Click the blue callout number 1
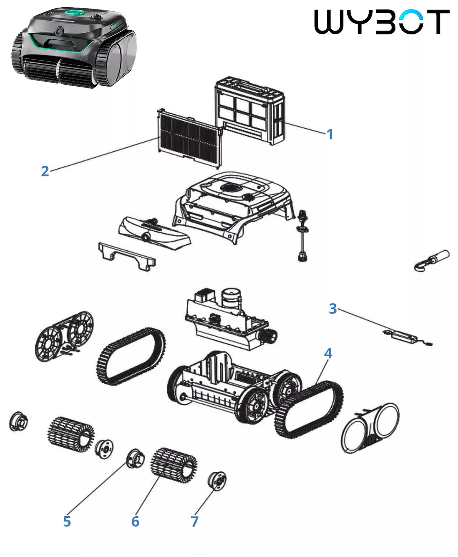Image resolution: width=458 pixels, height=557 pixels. click(330, 134)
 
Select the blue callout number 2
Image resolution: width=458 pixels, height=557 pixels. click(45, 171)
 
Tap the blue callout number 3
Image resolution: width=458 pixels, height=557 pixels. click(333, 308)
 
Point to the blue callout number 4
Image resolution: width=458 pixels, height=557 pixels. click(328, 353)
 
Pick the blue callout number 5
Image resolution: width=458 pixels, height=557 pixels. click(67, 521)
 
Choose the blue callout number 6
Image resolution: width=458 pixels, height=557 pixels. click(135, 521)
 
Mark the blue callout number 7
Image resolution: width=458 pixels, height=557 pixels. click(195, 521)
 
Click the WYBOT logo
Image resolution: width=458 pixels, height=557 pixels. click(382, 22)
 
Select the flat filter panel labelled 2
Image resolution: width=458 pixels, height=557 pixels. click(190, 139)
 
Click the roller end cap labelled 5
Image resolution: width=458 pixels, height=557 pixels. click(135, 459)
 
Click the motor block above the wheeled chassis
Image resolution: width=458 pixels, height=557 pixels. click(231, 319)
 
